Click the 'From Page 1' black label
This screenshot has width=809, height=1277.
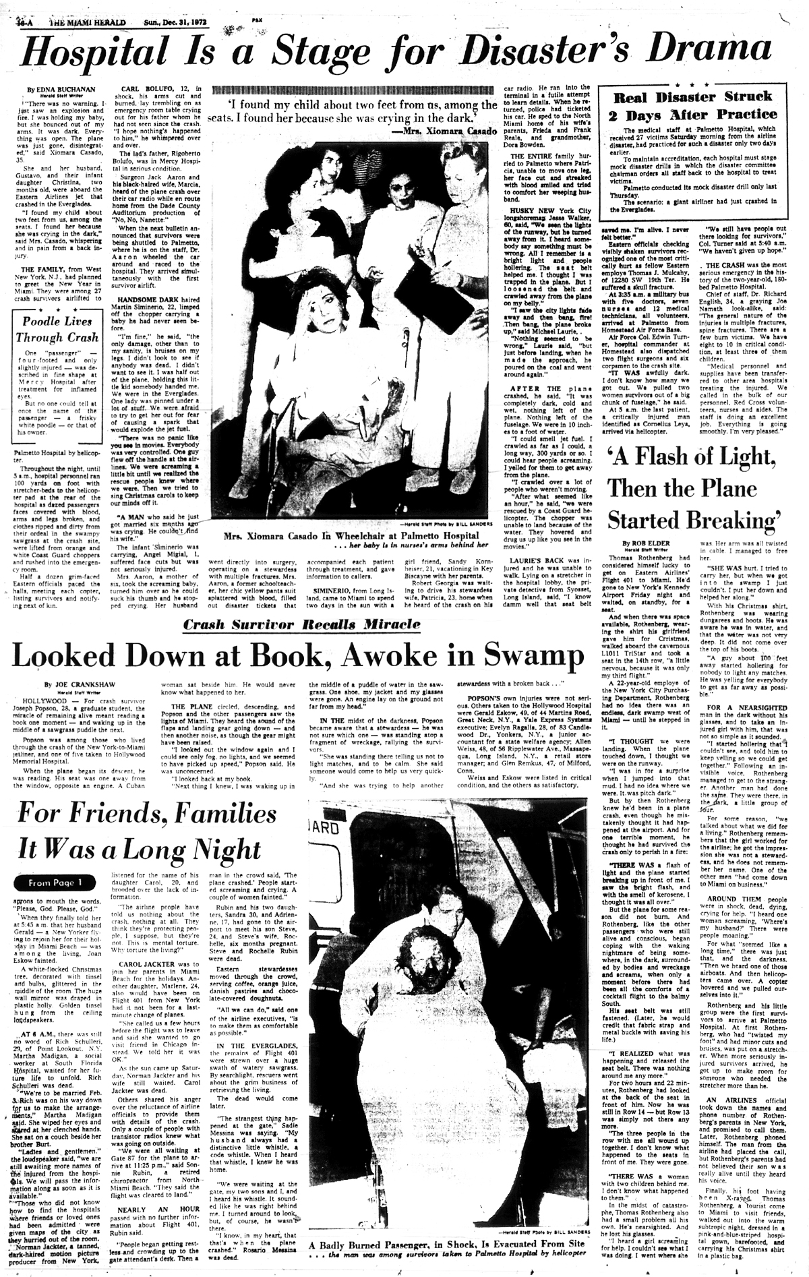point(56,882)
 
